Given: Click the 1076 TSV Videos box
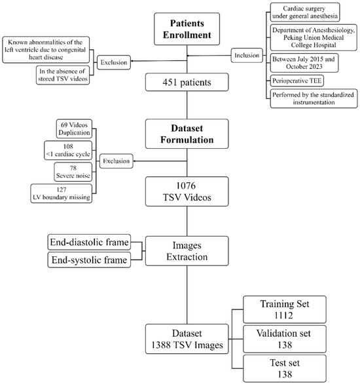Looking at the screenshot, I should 187,190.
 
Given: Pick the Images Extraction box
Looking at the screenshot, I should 187,252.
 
